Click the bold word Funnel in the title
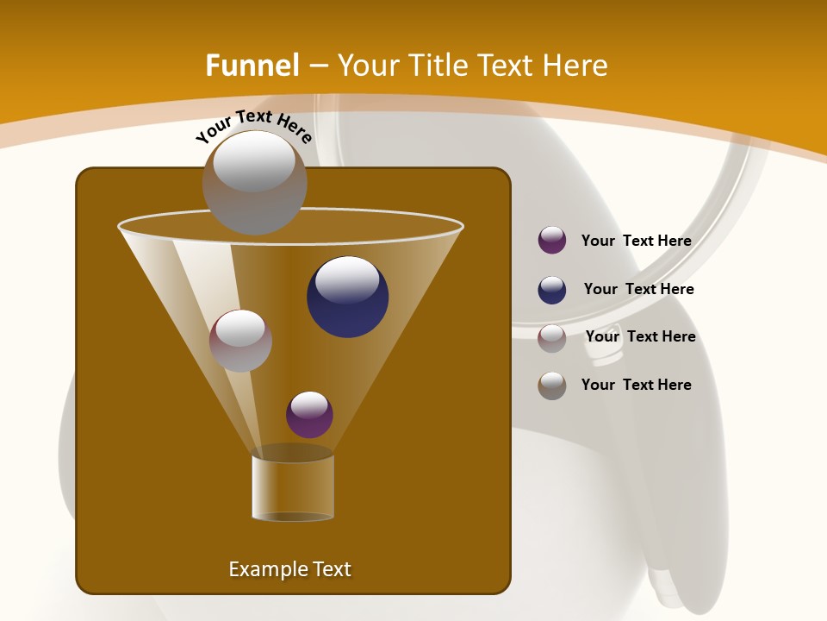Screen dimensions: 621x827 (252, 66)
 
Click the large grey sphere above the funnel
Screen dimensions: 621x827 (254, 183)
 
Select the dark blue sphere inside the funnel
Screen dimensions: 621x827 (347, 298)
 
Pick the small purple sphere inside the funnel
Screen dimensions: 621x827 (309, 415)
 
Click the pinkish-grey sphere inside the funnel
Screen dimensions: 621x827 (240, 341)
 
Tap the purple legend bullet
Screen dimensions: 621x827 (552, 241)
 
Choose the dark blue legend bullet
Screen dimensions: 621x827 (552, 290)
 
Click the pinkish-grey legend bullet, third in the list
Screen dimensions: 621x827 (552, 338)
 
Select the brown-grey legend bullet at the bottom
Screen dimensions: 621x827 (552, 386)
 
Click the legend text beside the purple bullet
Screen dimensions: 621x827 (636, 241)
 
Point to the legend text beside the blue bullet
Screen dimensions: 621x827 (638, 289)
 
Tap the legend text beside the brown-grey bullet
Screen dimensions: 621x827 (636, 385)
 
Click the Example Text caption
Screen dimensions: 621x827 (289, 569)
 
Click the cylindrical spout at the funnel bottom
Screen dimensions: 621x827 (292, 487)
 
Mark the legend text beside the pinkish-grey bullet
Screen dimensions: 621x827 (640, 336)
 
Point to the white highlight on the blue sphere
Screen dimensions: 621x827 (347, 279)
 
